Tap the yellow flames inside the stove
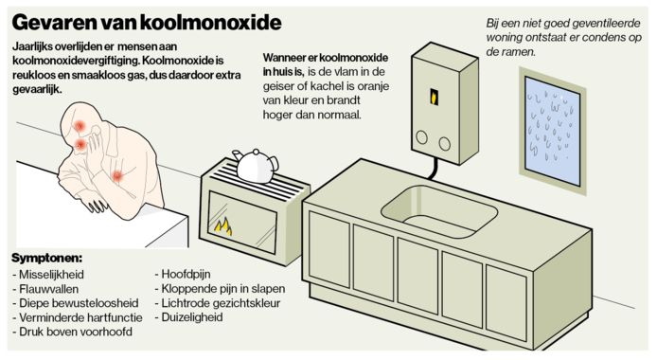223,227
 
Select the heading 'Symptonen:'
46,258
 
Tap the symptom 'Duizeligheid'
194,317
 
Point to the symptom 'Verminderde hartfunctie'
76,317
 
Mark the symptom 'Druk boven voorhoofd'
71,333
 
